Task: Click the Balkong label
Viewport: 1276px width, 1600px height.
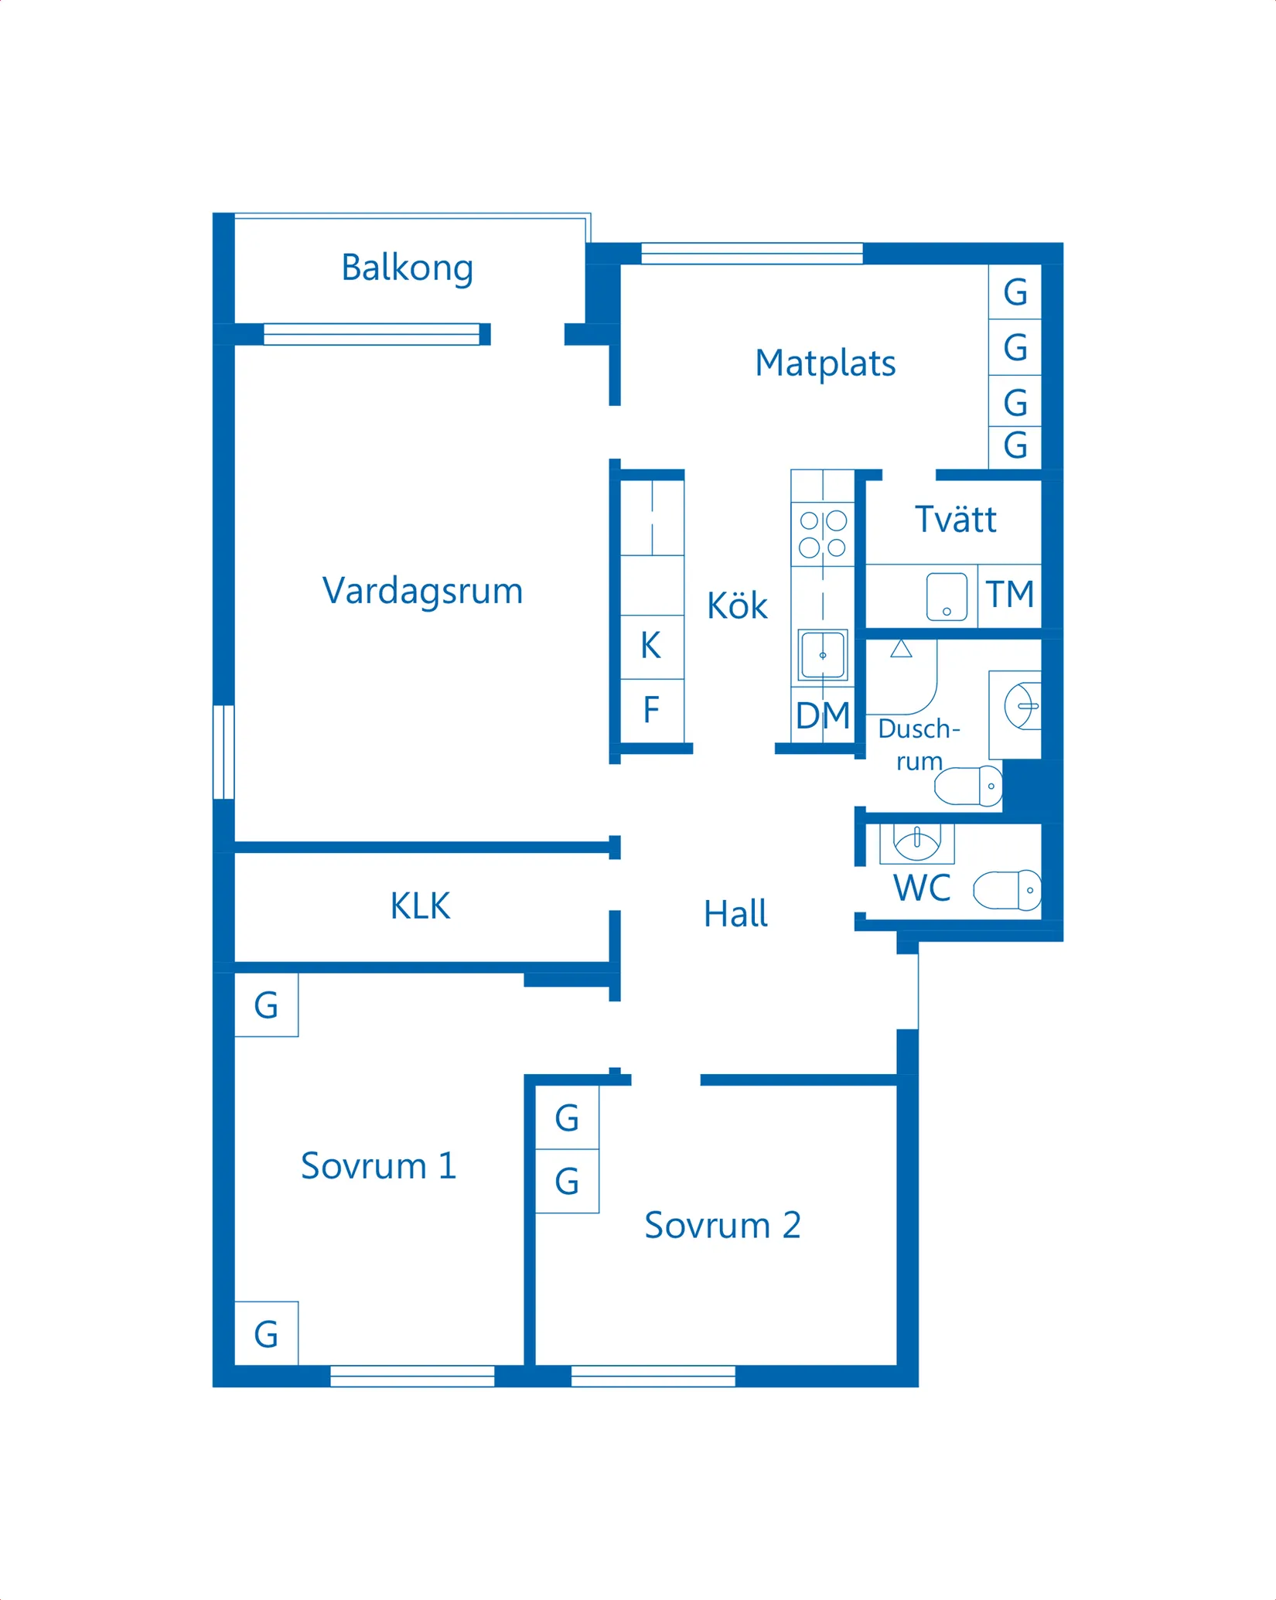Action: click(x=407, y=268)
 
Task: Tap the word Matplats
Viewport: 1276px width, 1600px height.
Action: click(x=825, y=363)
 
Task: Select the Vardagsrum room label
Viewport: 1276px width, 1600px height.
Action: click(x=422, y=591)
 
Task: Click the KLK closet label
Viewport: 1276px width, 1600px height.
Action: click(x=420, y=906)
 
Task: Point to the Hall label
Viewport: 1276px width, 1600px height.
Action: click(x=735, y=914)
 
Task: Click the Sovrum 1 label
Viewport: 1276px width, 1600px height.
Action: click(x=378, y=1165)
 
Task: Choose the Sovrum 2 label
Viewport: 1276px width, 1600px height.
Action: click(x=722, y=1225)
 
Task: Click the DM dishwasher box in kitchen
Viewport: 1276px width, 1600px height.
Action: click(x=823, y=715)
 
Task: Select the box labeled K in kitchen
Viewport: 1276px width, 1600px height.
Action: click(x=652, y=646)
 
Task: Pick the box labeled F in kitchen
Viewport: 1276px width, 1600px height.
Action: click(x=652, y=710)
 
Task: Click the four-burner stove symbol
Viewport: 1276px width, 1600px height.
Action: click(x=823, y=534)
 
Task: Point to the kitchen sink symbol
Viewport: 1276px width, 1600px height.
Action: click(x=823, y=656)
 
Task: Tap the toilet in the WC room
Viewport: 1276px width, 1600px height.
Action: click(x=1008, y=890)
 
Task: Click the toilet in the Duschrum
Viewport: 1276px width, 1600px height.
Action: click(x=969, y=786)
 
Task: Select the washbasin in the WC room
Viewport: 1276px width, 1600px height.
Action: click(x=917, y=841)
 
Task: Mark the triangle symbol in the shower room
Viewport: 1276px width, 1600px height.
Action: click(x=901, y=649)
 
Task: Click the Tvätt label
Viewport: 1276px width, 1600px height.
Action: click(x=956, y=520)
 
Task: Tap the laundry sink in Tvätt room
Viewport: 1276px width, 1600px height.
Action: click(x=947, y=597)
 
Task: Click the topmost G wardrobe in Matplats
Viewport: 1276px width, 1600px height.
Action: click(x=1015, y=292)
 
